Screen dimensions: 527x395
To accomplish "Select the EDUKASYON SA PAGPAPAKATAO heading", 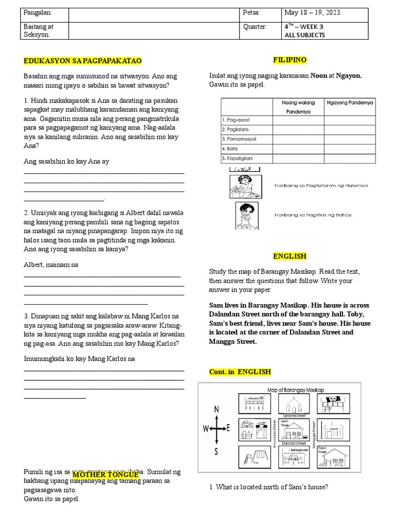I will pos(82,61).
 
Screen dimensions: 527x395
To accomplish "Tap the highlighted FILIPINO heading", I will pos(289,60).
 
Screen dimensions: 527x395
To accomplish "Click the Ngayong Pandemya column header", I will pos(350,102).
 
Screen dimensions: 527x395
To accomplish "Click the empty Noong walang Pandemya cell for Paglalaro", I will pos(298,129).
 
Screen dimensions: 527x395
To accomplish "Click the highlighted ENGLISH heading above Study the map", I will pos(289,256).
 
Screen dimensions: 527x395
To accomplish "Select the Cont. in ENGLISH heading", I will pos(240,372).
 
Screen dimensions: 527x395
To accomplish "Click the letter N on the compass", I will pos(217,409).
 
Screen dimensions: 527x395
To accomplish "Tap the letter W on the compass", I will pos(206,428).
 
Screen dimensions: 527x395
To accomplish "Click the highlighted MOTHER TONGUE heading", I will pos(105,474).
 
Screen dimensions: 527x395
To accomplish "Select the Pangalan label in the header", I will pos(38,12).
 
